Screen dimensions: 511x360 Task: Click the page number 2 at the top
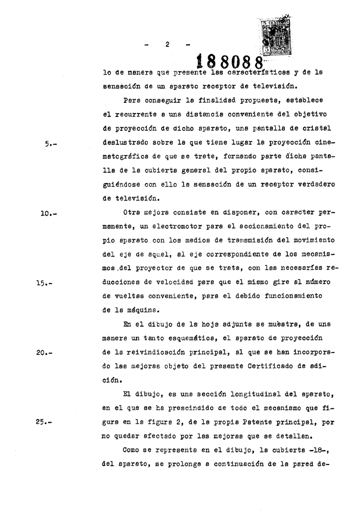tap(167, 44)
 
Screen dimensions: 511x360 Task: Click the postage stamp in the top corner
tap(276, 37)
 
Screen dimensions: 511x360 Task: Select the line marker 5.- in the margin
tap(51, 144)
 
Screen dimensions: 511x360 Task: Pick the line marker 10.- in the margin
tap(49, 214)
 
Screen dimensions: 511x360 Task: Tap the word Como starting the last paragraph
tap(133, 451)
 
